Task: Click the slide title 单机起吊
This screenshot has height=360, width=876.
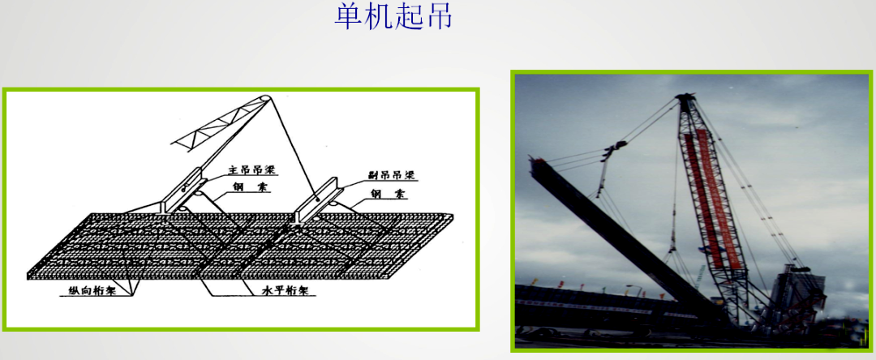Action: point(393,17)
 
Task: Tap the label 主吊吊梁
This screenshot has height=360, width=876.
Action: point(247,169)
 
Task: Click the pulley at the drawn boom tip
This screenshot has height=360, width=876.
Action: point(268,101)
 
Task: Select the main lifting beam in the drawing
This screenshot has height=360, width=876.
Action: point(182,190)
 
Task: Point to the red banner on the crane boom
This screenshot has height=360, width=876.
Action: point(706,195)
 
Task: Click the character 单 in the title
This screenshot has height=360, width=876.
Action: point(348,17)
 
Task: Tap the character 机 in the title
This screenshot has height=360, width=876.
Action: point(378,17)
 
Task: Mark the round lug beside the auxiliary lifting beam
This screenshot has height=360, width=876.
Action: point(334,204)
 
